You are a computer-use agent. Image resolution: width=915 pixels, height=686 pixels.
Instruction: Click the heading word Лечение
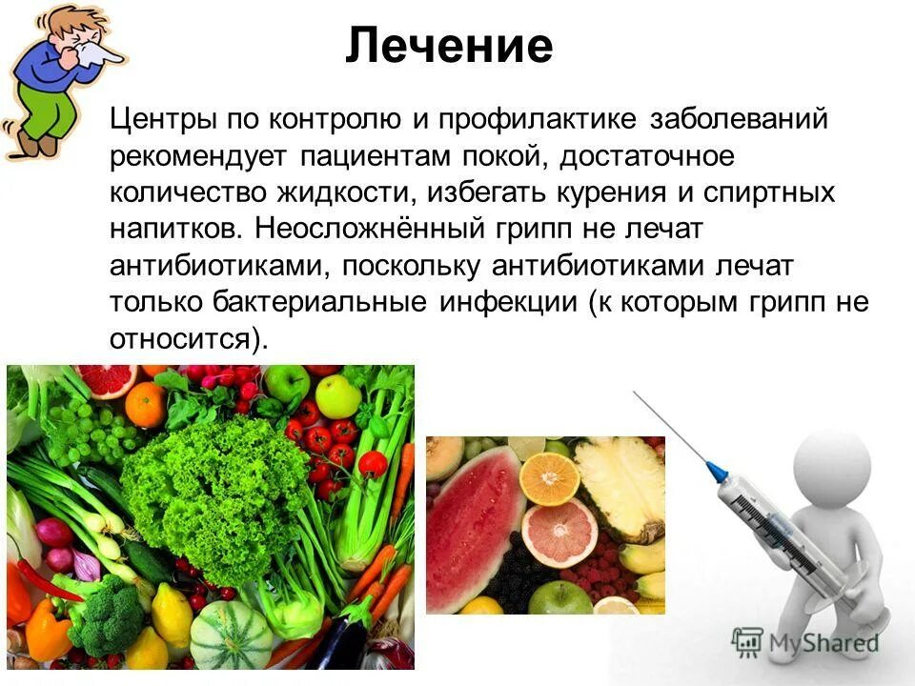[x=449, y=46]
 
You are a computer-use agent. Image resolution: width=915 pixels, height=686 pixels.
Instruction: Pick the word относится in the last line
[x=178, y=338]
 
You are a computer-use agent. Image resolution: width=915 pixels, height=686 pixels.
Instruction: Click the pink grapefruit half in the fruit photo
[x=559, y=532]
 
